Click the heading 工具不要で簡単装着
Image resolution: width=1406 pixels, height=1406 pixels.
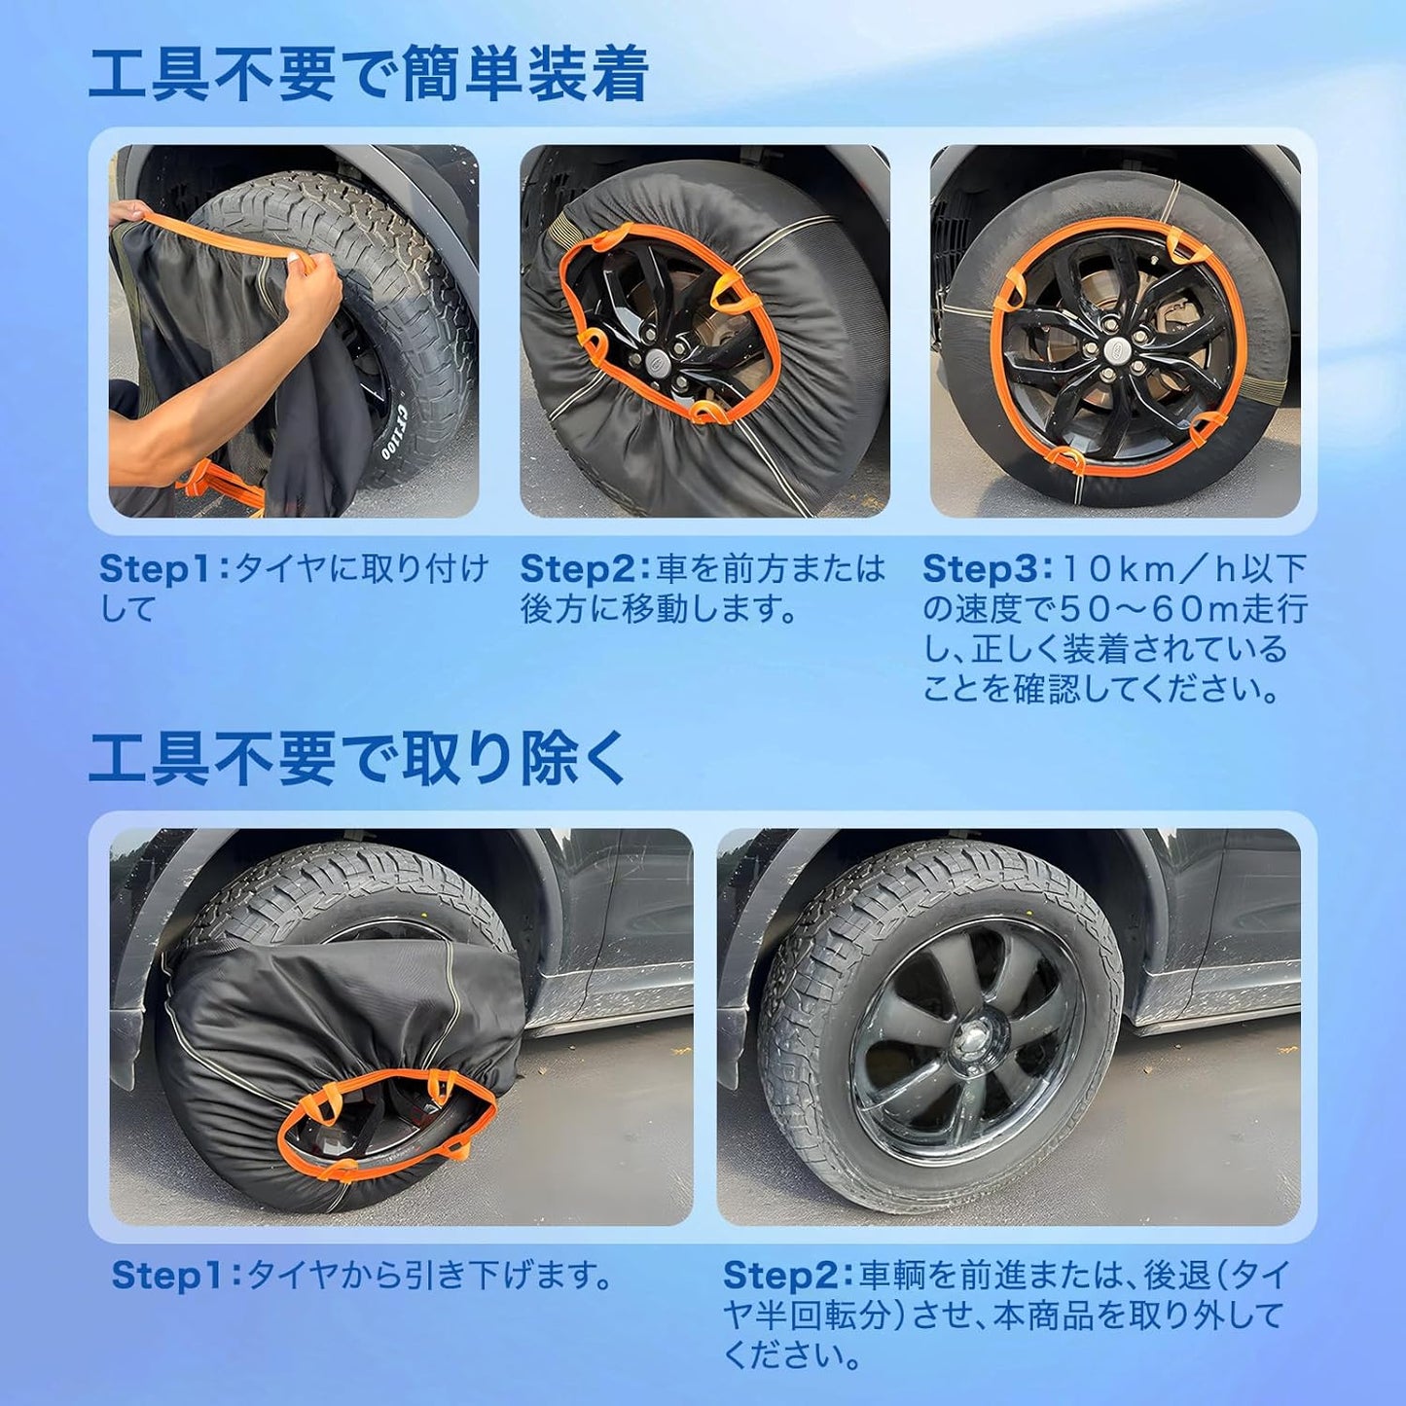point(369,74)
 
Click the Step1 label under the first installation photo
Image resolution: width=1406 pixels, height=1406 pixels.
point(159,569)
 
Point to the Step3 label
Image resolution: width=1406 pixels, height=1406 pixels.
point(982,569)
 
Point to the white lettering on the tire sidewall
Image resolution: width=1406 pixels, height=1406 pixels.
point(394,430)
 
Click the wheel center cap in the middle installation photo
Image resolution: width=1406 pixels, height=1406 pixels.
point(658,359)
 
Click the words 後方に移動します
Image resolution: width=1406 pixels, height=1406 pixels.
point(658,610)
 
